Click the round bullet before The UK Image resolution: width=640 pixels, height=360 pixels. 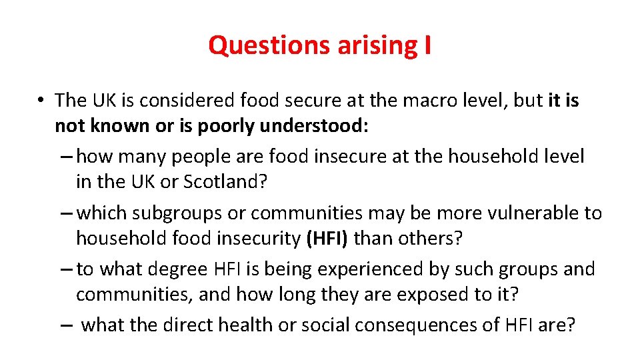click(41, 101)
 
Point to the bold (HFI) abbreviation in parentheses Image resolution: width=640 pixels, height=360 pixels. click(327, 238)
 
